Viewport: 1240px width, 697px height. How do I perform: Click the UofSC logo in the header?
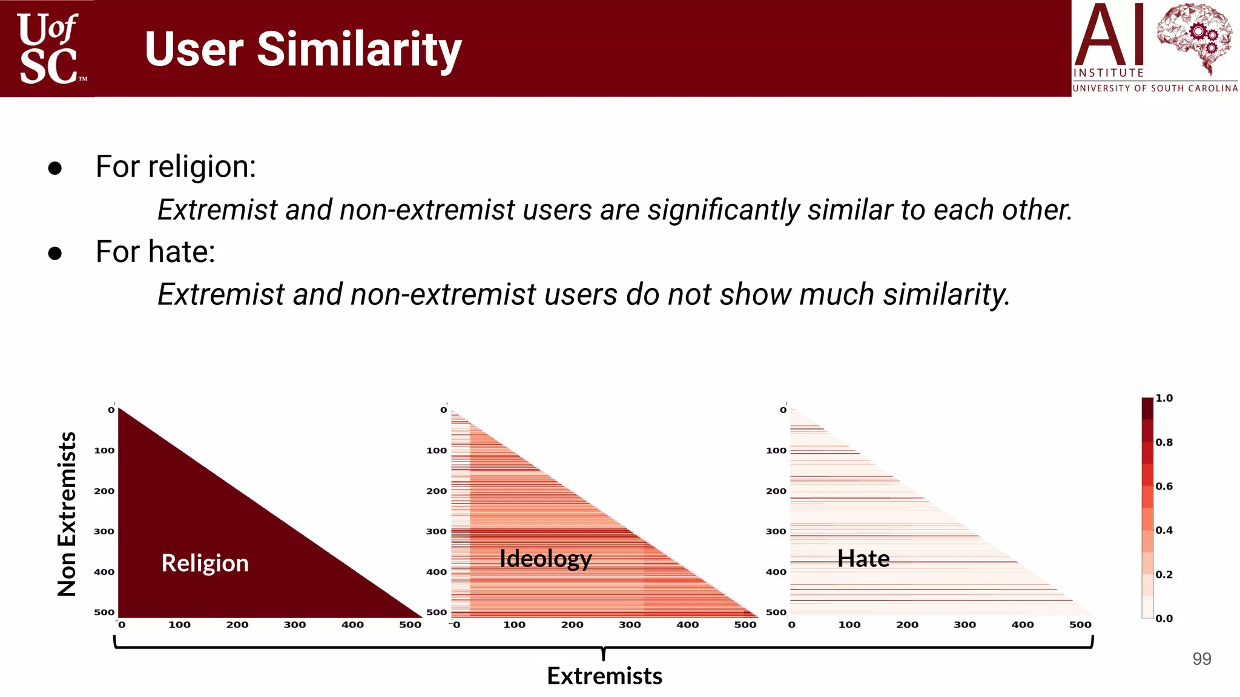click(48, 48)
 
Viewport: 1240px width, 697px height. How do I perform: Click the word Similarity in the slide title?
click(359, 50)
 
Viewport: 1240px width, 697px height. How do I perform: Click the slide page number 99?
click(1201, 659)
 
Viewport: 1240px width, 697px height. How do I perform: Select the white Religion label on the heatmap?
click(205, 563)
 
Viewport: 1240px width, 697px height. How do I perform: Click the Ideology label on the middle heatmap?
click(545, 558)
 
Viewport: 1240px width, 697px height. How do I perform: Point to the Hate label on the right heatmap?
click(863, 558)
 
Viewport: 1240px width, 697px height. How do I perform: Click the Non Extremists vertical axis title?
click(67, 514)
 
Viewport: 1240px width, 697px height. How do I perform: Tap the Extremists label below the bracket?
click(604, 676)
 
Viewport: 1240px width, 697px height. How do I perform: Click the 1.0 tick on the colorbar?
click(1164, 398)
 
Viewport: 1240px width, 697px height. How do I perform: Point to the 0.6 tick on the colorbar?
click(1164, 486)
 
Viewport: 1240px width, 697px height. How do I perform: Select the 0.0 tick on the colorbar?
click(1164, 618)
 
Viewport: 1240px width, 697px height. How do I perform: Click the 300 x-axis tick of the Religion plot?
click(295, 624)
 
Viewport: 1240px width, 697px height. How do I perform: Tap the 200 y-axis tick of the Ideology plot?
click(436, 491)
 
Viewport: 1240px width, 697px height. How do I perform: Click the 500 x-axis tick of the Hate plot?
click(1080, 624)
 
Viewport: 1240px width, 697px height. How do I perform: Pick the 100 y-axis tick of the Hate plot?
click(776, 450)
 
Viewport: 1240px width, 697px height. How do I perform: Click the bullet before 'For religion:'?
click(55, 168)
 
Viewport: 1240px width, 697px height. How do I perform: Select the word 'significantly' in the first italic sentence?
click(724, 210)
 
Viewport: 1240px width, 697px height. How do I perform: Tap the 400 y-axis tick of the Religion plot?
click(104, 572)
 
